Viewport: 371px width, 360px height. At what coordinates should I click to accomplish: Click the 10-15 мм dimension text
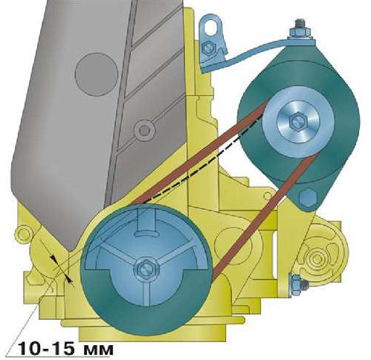click(65, 348)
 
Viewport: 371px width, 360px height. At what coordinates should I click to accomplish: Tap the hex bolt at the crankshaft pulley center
click(146, 269)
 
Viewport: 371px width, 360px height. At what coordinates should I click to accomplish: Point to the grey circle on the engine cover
click(97, 74)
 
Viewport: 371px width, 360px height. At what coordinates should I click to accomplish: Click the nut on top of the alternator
click(300, 30)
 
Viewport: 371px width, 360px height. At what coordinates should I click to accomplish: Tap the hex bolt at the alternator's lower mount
click(308, 197)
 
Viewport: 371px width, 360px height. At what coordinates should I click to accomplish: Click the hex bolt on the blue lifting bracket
click(207, 48)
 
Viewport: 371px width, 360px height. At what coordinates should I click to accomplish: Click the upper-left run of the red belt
click(199, 154)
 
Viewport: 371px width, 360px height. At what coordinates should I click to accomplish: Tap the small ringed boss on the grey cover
click(144, 129)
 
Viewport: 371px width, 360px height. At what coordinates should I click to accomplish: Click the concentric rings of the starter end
click(317, 259)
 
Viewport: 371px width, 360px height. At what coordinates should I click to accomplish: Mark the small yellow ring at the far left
click(23, 235)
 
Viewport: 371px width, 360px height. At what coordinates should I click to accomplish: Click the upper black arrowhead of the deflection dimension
click(54, 259)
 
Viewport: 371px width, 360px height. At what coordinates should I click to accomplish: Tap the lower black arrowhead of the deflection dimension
click(68, 280)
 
